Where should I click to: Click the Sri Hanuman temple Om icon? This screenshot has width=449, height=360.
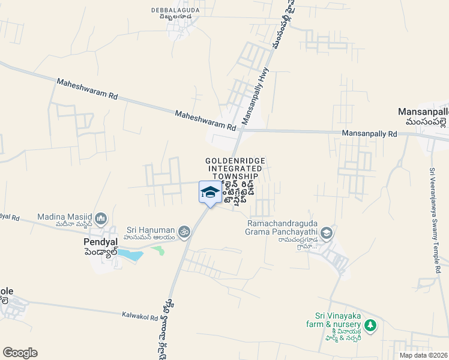pos(184,230)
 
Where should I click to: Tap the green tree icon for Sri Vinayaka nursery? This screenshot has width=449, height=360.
pos(371,325)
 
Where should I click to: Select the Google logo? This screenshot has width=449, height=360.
pos(20,353)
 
